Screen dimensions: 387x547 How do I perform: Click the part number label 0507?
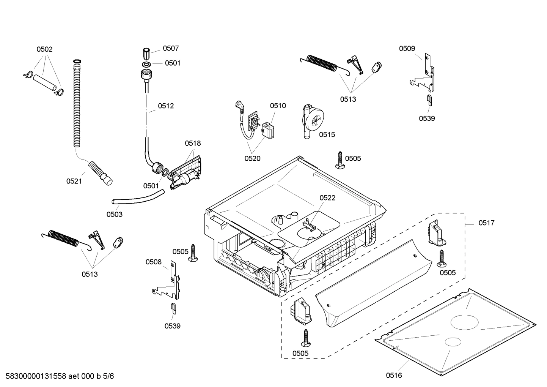[171, 48]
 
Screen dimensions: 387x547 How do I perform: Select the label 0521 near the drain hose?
[74, 181]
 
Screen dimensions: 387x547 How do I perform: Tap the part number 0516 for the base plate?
[394, 376]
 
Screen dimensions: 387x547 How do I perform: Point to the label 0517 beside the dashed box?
[486, 223]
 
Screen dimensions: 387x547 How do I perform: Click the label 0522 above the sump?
[327, 198]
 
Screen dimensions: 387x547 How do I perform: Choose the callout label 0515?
[327, 134]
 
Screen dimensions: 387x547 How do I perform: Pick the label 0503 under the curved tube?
[114, 214]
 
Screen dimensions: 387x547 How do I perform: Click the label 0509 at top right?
[407, 48]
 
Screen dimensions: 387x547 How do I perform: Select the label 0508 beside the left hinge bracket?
[154, 262]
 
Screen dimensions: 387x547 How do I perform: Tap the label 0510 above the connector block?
[278, 106]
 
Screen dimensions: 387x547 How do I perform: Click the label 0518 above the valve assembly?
[193, 143]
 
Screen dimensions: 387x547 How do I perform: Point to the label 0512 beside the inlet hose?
[166, 106]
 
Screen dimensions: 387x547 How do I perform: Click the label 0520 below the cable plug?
[252, 158]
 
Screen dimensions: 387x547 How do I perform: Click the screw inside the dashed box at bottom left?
[306, 338]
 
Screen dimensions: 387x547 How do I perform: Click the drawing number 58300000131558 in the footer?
[36, 376]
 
